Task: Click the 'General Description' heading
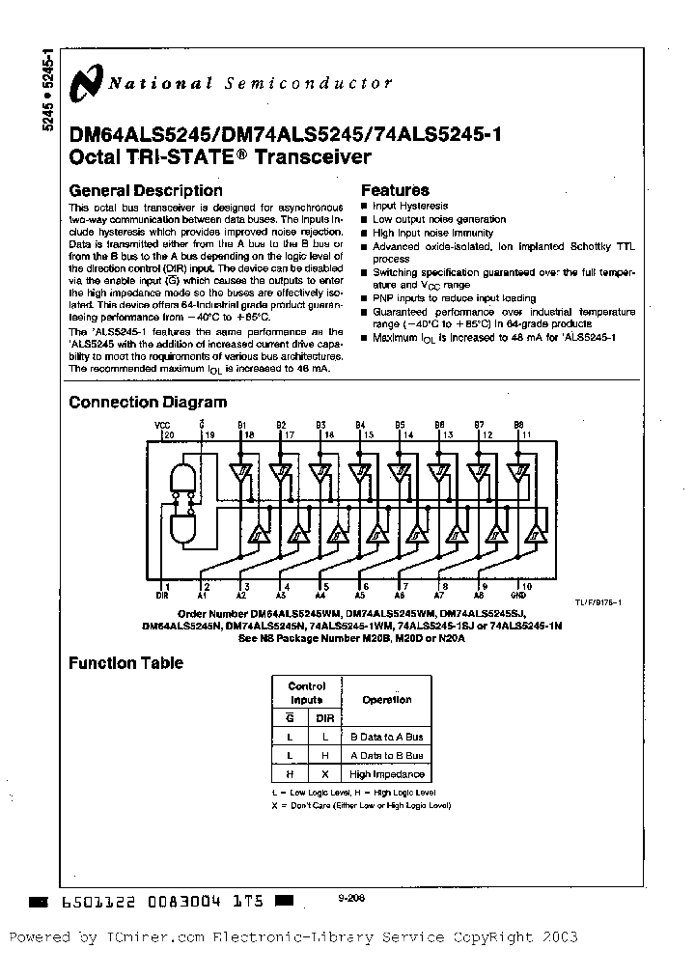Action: pos(146,190)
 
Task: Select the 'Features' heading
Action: pos(395,190)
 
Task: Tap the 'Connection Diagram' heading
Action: pos(148,403)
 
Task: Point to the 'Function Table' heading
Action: pos(125,663)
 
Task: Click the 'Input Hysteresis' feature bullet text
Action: pos(410,206)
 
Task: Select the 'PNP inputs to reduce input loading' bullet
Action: pos(454,298)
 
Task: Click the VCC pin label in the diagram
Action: pos(161,425)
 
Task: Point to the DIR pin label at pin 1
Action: pos(162,596)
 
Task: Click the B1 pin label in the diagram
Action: pos(241,425)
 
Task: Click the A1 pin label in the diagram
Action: pos(203,596)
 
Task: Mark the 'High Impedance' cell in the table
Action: pos(387,774)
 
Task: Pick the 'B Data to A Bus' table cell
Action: pos(387,737)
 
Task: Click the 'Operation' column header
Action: pos(387,700)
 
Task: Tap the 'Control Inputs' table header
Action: pos(307,692)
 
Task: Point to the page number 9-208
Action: pos(351,896)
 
